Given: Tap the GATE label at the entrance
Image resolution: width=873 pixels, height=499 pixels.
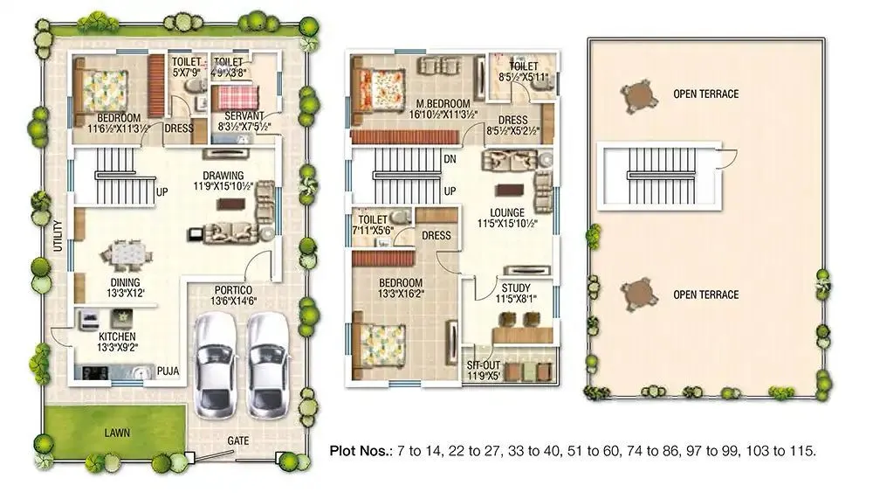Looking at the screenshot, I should pyautogui.click(x=238, y=441).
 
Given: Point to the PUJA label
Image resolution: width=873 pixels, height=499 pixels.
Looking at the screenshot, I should pyautogui.click(x=168, y=371).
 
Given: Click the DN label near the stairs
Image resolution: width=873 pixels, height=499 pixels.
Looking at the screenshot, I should pyautogui.click(x=450, y=160).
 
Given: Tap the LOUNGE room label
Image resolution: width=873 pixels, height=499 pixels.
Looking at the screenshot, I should pyautogui.click(x=507, y=211).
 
